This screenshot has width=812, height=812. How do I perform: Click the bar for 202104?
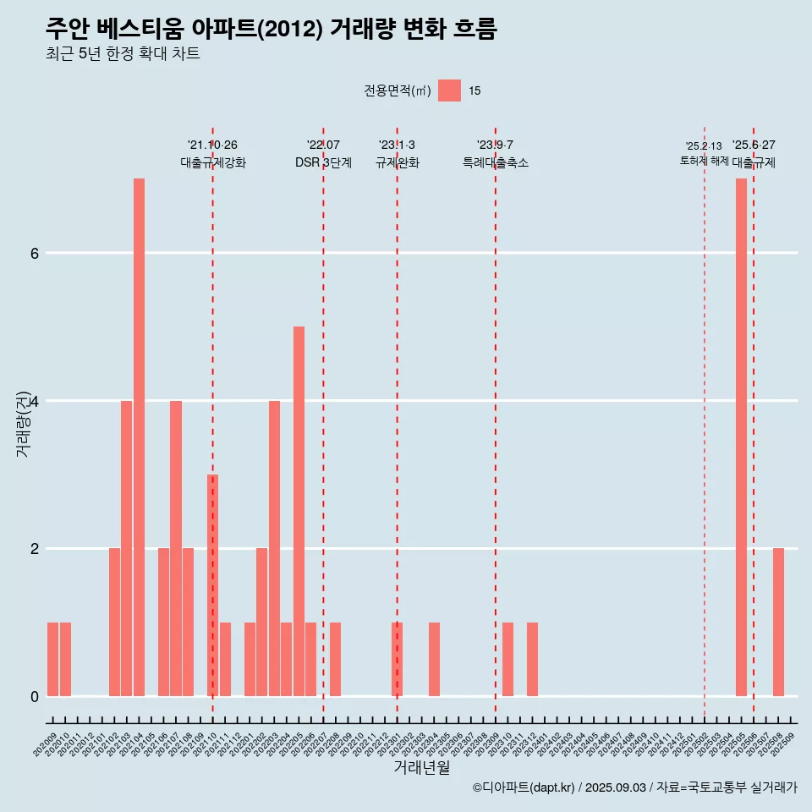139,437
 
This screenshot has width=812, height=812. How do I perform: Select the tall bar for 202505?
741,437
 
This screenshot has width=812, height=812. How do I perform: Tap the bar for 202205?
299,511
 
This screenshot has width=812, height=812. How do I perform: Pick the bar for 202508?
778,622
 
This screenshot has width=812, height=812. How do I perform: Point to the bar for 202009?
52,659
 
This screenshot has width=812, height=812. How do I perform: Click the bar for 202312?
532,659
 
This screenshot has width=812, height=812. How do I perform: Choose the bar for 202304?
434,659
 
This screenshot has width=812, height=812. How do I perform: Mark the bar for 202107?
176,548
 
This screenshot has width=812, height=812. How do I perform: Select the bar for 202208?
336,659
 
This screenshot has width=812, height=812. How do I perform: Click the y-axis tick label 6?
34,253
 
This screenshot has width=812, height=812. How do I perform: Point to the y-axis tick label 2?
34,548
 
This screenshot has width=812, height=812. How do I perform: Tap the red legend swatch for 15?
449,91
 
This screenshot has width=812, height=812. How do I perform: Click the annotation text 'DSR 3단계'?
323,162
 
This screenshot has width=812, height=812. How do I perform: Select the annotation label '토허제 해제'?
704,161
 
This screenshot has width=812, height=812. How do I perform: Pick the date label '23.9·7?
495,145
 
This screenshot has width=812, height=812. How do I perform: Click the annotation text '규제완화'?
397,162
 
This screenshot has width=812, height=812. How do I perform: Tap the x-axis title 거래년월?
421,767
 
